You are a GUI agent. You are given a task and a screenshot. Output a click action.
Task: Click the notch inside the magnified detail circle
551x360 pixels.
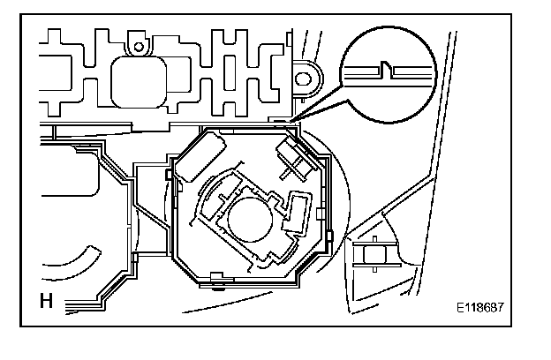(386, 68)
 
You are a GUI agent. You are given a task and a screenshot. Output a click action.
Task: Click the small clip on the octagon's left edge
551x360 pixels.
(167, 176)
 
